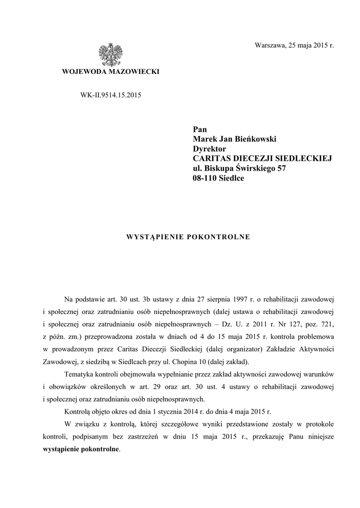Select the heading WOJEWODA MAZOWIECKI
click(x=110, y=72)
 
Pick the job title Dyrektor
click(x=210, y=148)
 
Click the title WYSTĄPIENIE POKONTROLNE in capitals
click(x=188, y=237)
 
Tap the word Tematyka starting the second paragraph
click(x=80, y=374)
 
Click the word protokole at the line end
click(x=319, y=424)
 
